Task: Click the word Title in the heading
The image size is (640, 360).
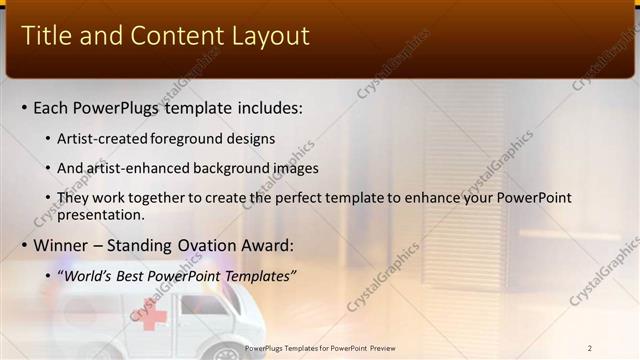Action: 47,37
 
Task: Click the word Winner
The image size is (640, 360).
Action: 62,245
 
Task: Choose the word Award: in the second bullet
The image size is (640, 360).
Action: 268,245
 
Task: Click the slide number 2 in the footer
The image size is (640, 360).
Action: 590,348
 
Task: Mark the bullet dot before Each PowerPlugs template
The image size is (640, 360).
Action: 24,107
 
